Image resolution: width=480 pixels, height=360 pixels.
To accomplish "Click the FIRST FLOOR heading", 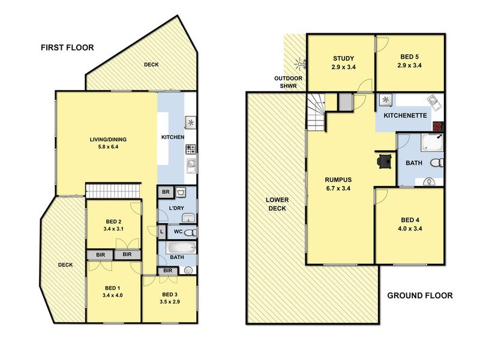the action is [67, 47].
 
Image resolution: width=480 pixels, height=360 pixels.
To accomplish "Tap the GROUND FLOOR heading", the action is [419, 295].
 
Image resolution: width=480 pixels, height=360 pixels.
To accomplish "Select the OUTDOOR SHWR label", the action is [288, 82].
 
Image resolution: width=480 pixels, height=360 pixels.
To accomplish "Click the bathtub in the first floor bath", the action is [181, 247].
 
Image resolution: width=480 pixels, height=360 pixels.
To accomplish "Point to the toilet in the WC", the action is [191, 233].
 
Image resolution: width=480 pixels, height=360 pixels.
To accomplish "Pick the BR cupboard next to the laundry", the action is [166, 192].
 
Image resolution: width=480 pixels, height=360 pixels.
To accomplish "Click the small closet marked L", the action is [161, 232].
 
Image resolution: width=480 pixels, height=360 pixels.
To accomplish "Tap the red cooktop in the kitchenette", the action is [438, 126].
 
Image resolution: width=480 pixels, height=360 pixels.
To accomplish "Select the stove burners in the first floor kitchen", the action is [190, 149].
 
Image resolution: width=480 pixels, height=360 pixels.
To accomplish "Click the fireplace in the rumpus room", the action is [384, 160].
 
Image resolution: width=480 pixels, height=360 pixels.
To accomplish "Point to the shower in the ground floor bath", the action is [432, 142].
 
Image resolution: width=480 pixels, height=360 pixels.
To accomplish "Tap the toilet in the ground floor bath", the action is [437, 163].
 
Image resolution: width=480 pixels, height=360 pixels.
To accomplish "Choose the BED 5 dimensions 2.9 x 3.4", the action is [409, 65].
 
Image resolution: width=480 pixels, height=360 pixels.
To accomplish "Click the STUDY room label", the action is [343, 58].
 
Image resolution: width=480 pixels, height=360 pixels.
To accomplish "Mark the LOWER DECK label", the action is [277, 204].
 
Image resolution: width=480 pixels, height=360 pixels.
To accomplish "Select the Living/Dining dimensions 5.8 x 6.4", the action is [108, 146].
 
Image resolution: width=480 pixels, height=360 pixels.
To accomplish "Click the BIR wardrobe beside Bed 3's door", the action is [167, 271].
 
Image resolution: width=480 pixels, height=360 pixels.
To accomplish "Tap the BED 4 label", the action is [410, 220].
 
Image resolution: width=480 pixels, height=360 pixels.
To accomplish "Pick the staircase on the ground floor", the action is [316, 112].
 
